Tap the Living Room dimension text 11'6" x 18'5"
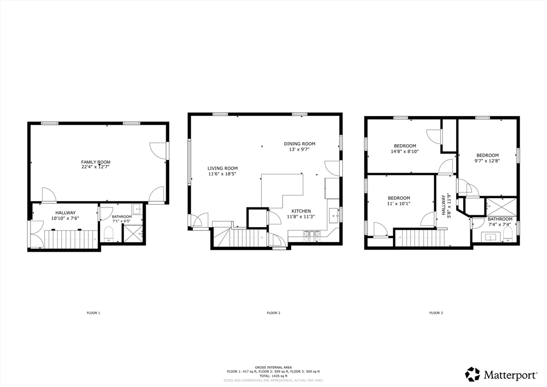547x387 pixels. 223,173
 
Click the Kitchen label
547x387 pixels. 301,211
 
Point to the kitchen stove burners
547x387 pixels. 312,236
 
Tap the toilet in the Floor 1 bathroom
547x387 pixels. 109,234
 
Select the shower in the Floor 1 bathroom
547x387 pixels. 132,233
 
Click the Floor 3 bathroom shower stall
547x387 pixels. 501,207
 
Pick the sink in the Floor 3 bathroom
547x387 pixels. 491,237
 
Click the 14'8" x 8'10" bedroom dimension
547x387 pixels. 405,151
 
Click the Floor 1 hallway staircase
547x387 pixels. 71,239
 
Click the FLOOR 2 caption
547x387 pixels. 273,313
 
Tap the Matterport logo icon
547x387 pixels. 473,374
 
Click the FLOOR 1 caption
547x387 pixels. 93,313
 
